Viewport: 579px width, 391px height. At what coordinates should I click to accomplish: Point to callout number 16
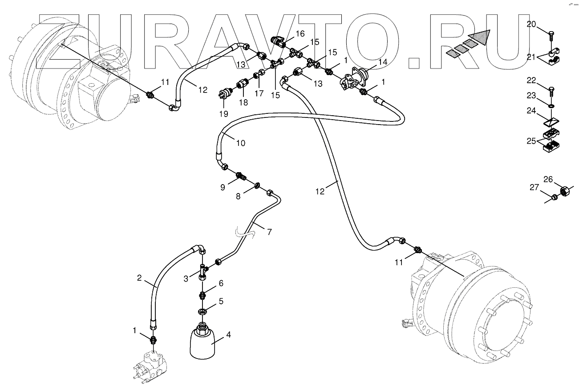click(x=300, y=33)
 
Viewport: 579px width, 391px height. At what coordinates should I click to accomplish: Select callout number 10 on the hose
click(x=240, y=143)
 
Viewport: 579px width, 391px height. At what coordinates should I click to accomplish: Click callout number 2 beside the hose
click(x=140, y=278)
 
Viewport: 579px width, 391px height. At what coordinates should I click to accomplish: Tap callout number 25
click(x=531, y=141)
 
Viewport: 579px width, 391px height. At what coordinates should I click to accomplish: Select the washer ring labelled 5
click(x=202, y=310)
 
